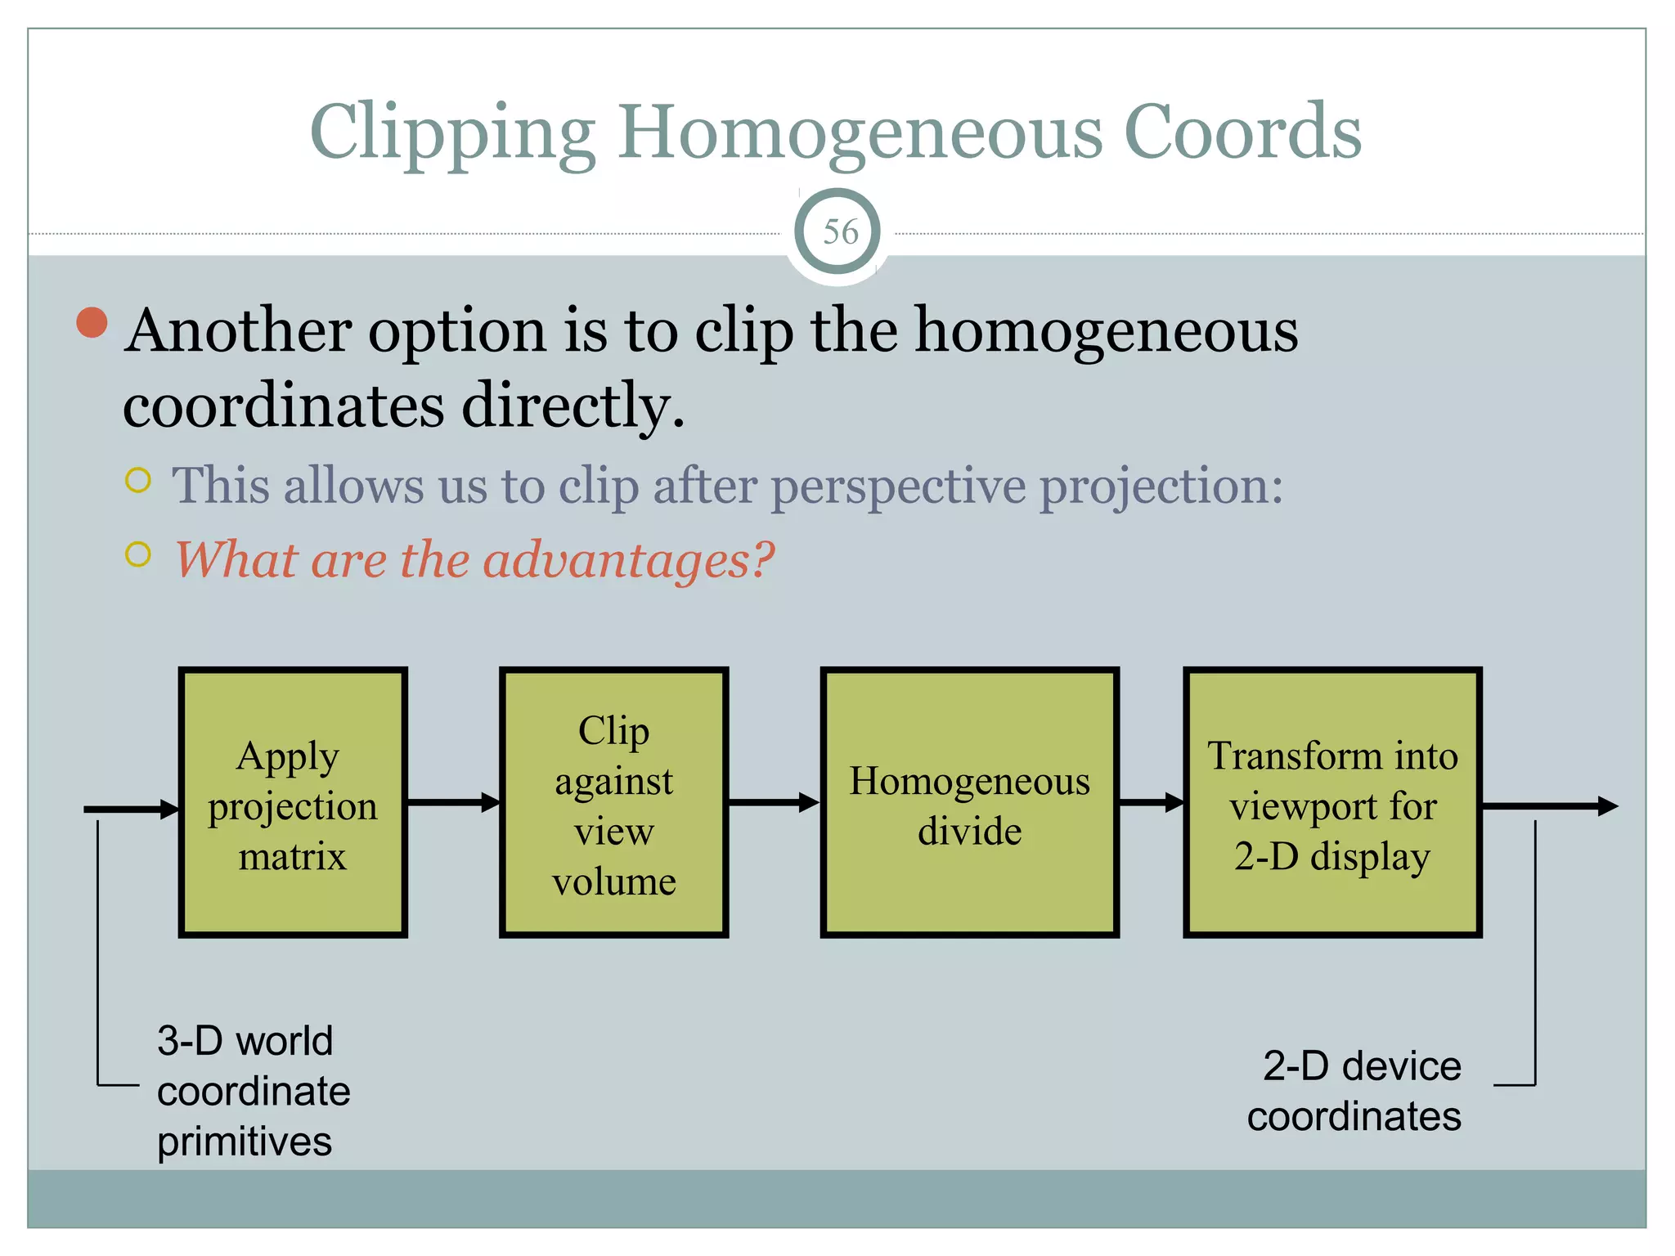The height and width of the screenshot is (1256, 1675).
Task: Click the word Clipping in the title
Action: (452, 133)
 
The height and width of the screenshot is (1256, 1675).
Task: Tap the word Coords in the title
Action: (1242, 132)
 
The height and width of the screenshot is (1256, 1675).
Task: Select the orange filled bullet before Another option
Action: (92, 322)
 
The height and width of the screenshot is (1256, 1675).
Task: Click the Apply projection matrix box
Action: (293, 802)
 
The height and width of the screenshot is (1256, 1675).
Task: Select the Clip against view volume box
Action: (613, 802)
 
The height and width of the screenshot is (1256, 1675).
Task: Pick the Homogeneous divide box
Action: (969, 802)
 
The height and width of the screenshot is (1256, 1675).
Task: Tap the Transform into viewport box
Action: (1332, 802)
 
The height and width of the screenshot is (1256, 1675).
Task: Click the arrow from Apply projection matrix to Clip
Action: (453, 802)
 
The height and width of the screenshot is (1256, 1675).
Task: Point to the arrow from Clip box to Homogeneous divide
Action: (774, 802)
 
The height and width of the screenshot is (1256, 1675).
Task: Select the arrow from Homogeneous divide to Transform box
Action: (1151, 802)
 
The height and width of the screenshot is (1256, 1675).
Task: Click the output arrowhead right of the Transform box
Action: (1606, 806)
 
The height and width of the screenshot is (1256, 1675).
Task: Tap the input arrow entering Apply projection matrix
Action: (131, 810)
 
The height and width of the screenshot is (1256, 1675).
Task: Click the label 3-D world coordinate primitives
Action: (253, 1091)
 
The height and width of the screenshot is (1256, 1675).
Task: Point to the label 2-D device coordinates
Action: (1354, 1091)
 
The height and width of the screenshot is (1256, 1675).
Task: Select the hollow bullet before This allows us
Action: (138, 480)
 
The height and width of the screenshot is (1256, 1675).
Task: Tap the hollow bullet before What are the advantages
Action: (138, 554)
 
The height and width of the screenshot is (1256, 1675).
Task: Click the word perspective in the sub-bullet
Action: (898, 487)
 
